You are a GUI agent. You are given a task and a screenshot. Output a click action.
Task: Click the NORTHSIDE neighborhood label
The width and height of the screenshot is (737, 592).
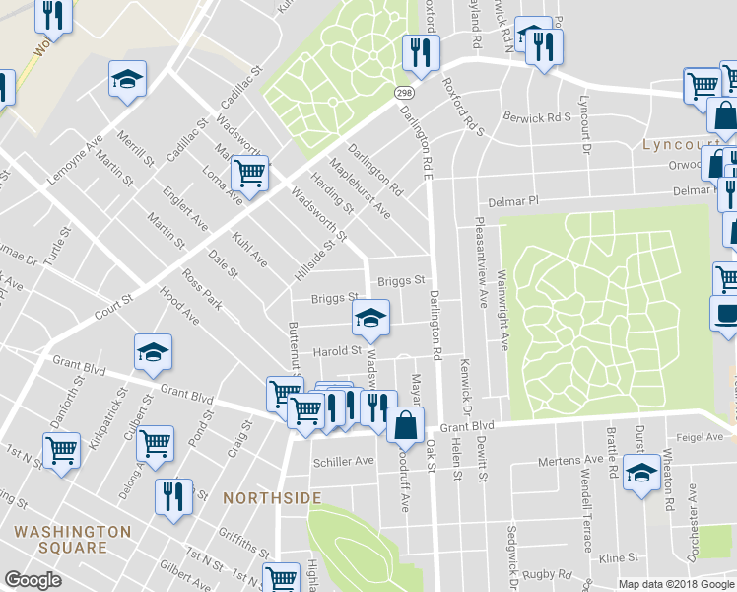pos(272,498)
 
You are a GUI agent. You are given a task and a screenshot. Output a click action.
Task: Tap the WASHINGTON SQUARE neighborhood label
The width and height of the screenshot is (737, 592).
pos(73,539)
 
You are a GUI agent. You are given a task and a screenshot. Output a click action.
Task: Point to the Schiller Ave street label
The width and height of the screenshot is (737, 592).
pos(343,461)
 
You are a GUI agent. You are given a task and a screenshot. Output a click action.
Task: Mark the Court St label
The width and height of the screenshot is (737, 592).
pos(112,308)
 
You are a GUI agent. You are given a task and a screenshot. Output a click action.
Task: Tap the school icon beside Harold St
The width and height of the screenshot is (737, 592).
pos(370,318)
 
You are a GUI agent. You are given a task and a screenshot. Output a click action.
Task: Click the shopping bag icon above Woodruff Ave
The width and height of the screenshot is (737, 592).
pos(406,425)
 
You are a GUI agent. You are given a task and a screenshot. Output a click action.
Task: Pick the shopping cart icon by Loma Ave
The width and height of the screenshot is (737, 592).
pos(249,174)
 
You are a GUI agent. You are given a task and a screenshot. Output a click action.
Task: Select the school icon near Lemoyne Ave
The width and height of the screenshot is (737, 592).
pos(127,80)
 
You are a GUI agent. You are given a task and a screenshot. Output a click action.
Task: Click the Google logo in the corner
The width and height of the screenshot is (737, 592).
pos(33,580)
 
